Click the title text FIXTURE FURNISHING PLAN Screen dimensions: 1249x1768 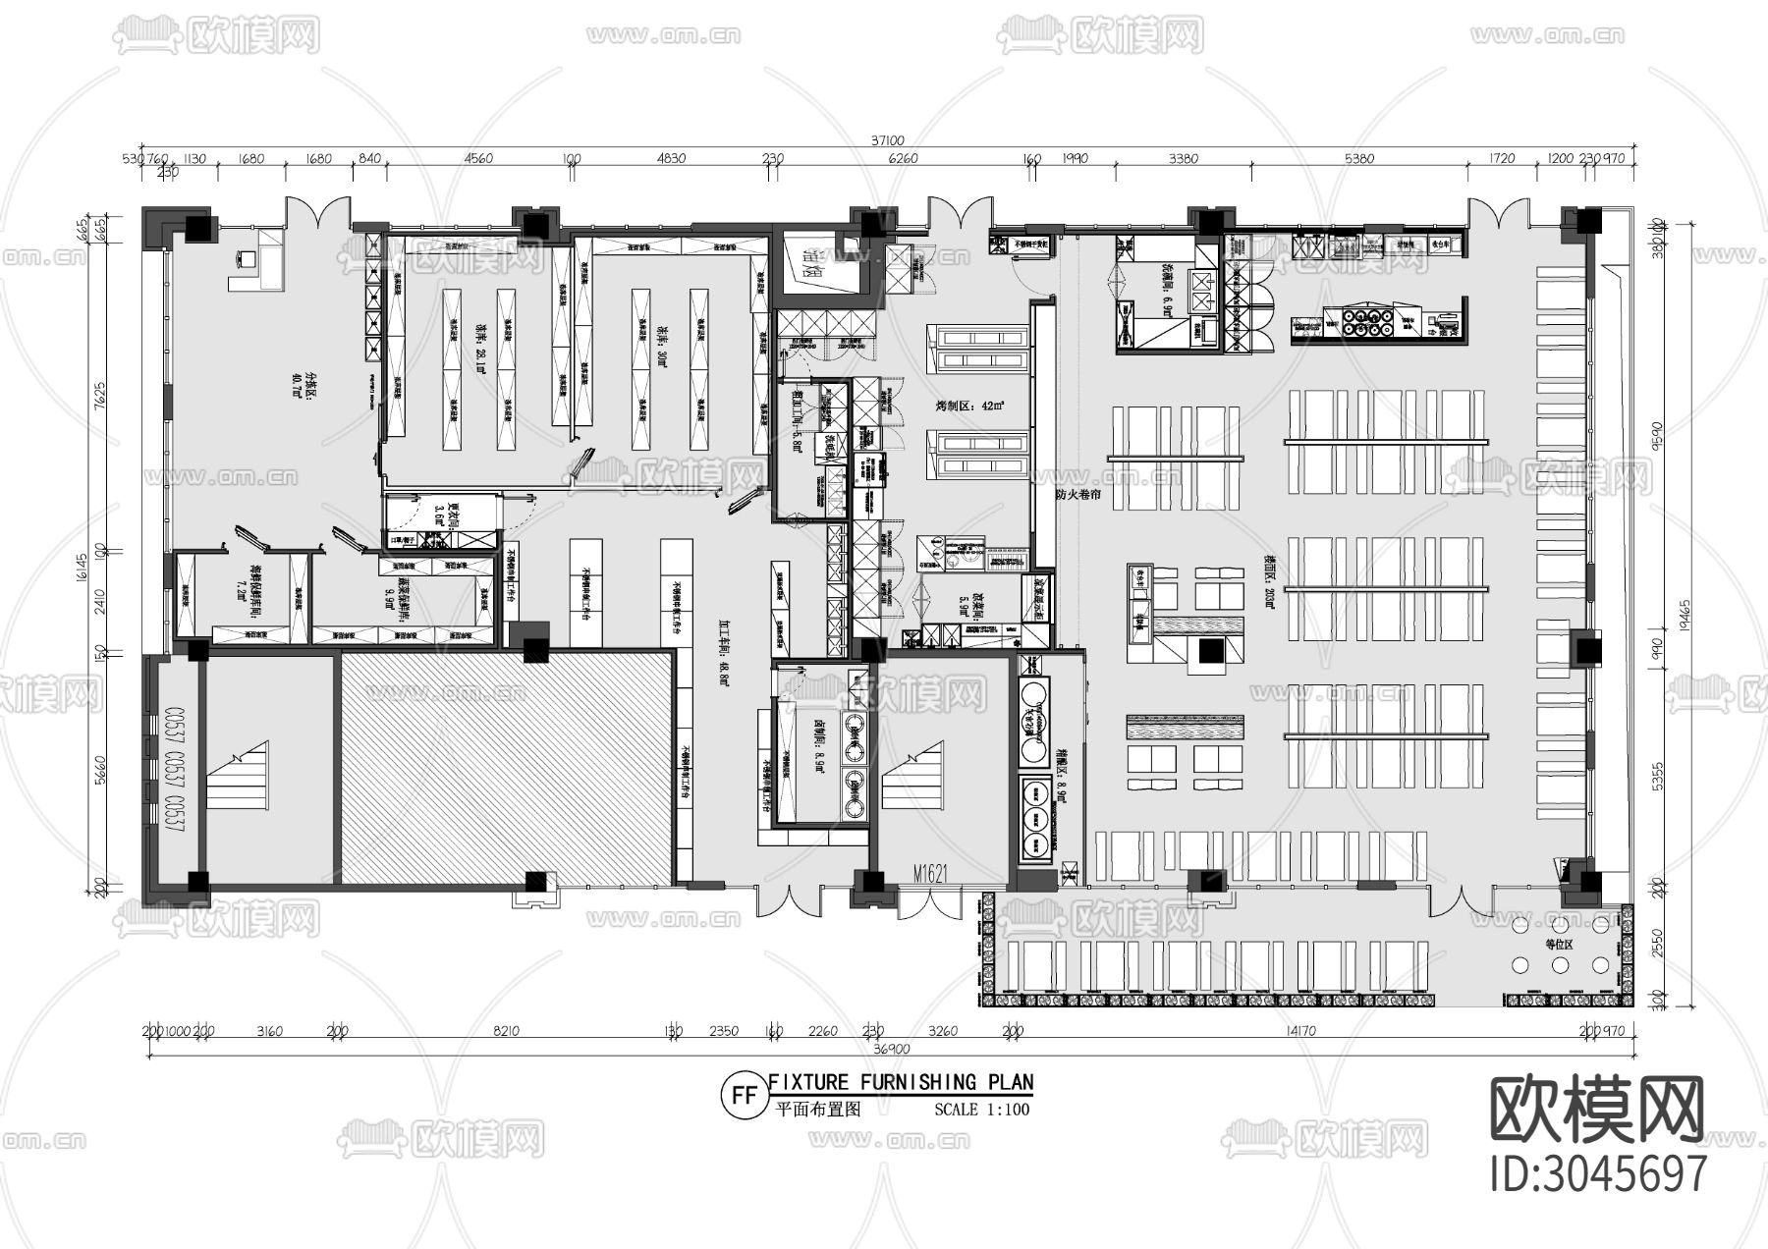[x=901, y=1082]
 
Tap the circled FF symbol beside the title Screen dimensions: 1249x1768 [x=743, y=1096]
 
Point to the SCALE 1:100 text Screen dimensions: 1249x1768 [x=982, y=1111]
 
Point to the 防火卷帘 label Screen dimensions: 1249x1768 [x=1077, y=496]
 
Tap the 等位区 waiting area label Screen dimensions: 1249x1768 [x=1559, y=945]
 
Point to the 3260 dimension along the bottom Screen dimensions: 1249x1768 [x=943, y=1031]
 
